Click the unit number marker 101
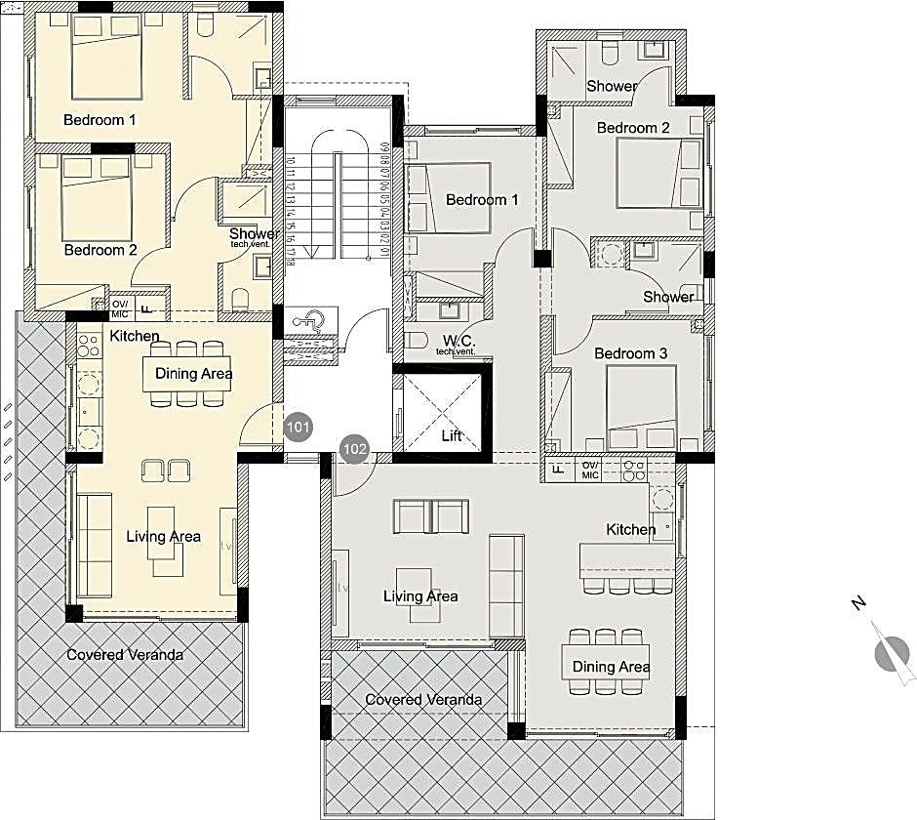click(299, 427)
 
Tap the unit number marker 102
click(355, 450)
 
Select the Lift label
click(451, 436)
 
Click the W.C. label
click(458, 341)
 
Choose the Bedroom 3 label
click(630, 352)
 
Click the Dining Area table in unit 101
click(192, 373)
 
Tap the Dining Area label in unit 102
click(611, 667)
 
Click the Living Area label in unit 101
click(163, 536)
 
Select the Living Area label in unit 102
click(420, 596)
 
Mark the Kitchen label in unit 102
click(631, 529)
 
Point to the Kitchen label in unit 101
click(135, 336)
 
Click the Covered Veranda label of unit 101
click(125, 654)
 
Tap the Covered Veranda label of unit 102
click(423, 700)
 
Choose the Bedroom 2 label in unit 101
click(100, 250)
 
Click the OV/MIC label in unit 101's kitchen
click(120, 308)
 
